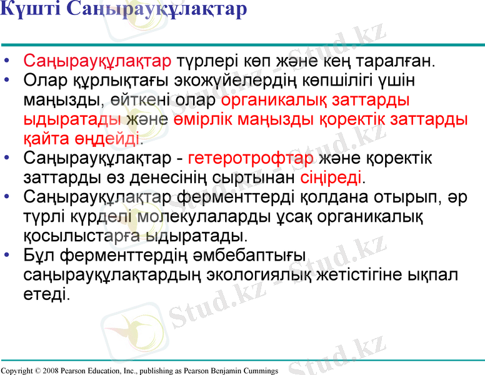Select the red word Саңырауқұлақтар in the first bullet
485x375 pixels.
click(97, 62)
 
